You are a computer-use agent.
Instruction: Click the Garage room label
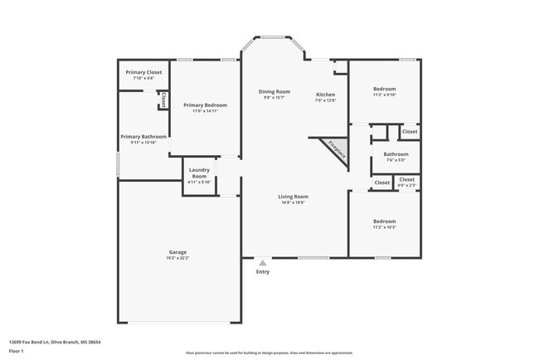[x=177, y=251]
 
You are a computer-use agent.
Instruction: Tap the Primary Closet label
[x=143, y=72]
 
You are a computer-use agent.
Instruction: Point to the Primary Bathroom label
[x=143, y=137]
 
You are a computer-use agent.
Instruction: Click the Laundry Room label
[x=199, y=173]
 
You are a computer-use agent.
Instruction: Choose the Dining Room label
[x=274, y=91]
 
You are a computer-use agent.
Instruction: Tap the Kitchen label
[x=325, y=95]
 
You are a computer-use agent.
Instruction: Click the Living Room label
[x=294, y=197]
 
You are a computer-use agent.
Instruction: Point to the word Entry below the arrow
[x=263, y=272]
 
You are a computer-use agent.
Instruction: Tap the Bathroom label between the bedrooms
[x=396, y=154]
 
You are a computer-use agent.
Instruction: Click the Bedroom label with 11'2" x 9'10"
[x=384, y=89]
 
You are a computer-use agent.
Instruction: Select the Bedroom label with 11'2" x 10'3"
[x=384, y=221]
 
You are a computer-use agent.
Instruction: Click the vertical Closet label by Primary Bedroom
[x=163, y=100]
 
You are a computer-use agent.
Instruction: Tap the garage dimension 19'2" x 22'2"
[x=177, y=258]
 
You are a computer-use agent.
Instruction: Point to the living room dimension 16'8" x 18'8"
[x=294, y=202]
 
